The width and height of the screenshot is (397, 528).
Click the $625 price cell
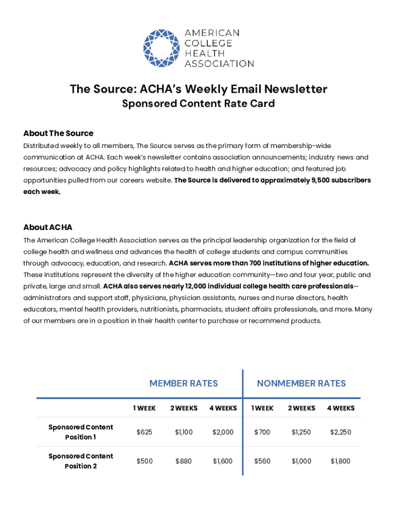click(x=144, y=432)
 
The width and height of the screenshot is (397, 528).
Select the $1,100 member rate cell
click(x=184, y=432)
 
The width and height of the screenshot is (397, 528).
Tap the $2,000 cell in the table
click(x=223, y=432)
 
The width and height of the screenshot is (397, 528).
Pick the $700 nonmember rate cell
click(x=262, y=432)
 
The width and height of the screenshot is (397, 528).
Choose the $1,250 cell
click(x=301, y=432)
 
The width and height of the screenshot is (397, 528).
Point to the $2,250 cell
click(x=341, y=432)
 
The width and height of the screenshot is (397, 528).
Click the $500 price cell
click(x=144, y=461)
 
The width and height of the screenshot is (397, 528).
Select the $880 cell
click(x=184, y=461)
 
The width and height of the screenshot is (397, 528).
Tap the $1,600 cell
click(x=223, y=461)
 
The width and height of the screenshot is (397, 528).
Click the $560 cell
click(x=262, y=461)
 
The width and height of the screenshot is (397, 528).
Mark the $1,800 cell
click(x=341, y=461)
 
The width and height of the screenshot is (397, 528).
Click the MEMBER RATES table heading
click(x=184, y=383)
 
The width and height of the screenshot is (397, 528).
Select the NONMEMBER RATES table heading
click(x=301, y=383)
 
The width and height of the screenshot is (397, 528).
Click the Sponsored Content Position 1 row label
click(x=80, y=432)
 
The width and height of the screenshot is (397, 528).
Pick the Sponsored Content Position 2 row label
click(x=80, y=461)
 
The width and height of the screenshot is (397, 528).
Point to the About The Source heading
click(x=58, y=133)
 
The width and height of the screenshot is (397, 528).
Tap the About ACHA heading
click(x=48, y=227)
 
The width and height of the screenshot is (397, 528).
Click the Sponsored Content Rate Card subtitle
click(x=198, y=104)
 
